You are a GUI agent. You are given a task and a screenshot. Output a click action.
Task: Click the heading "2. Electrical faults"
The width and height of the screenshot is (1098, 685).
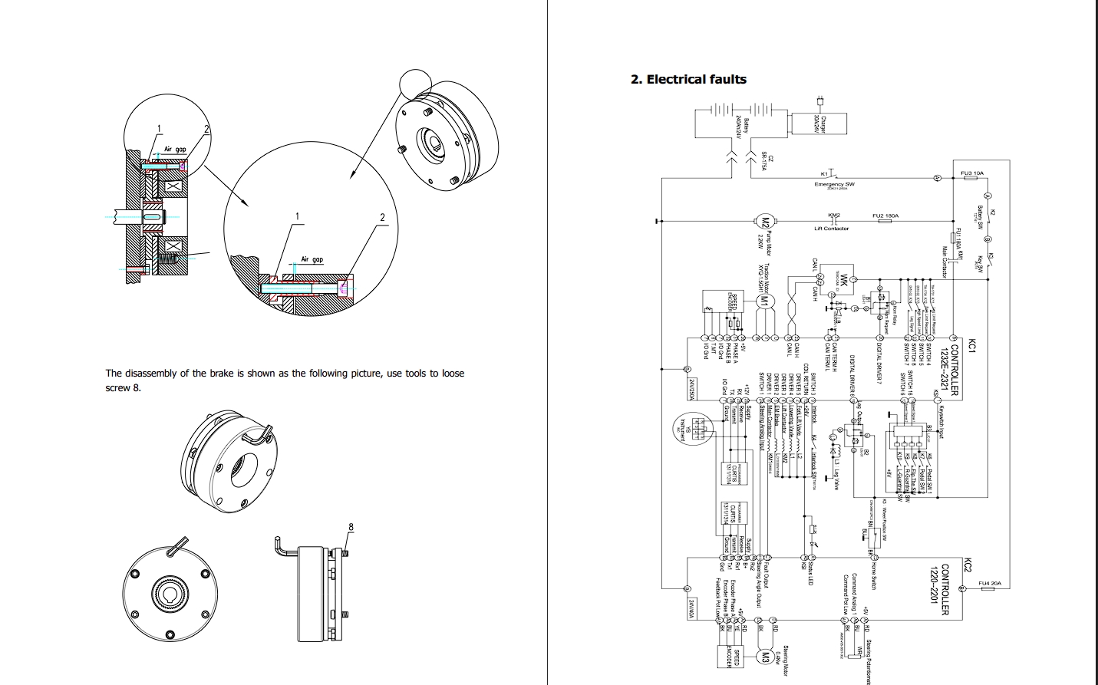pyautogui.click(x=687, y=79)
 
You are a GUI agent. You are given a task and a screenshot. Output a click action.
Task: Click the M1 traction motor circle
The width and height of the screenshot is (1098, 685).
pyautogui.click(x=763, y=301)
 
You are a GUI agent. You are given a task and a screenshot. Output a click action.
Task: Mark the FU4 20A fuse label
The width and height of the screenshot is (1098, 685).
pyautogui.click(x=990, y=584)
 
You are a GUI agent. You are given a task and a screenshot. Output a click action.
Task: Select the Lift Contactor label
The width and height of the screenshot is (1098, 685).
pyautogui.click(x=832, y=229)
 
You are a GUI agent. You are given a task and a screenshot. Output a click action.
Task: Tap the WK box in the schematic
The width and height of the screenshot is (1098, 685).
pyautogui.click(x=843, y=278)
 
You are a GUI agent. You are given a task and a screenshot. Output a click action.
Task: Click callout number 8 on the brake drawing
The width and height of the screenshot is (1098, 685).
pyautogui.click(x=351, y=527)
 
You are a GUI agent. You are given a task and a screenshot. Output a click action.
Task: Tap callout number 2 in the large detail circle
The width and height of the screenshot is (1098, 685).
pyautogui.click(x=382, y=217)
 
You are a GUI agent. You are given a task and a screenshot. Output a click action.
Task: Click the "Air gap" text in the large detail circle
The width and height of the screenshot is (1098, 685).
pyautogui.click(x=312, y=260)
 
